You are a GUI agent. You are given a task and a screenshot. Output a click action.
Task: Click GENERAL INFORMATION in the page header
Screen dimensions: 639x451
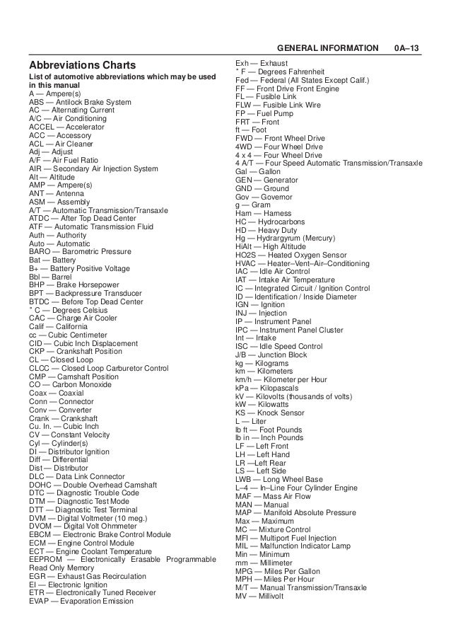pyautogui.click(x=327, y=48)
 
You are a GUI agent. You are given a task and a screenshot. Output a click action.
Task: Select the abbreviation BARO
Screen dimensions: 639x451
pyautogui.click(x=40, y=251)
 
